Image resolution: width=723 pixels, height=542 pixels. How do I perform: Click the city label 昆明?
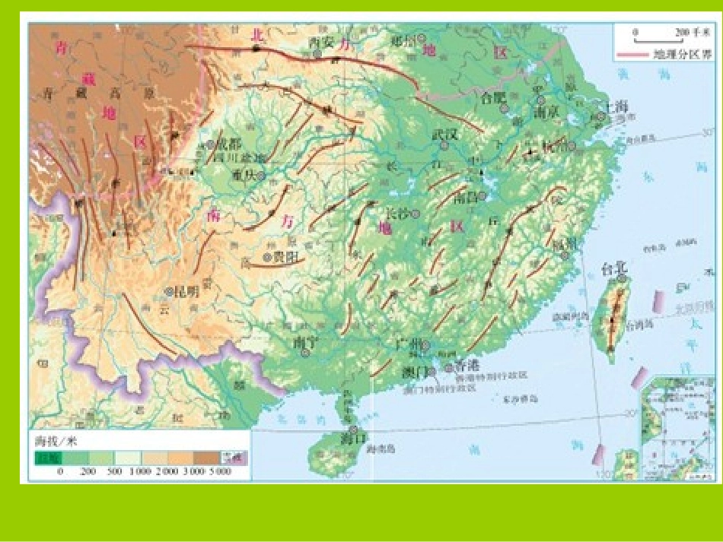pyautogui.click(x=186, y=290)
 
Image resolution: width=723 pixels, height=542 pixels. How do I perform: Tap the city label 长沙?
pyautogui.click(x=399, y=214)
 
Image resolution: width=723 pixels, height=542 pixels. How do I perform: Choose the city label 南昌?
pyautogui.click(x=463, y=198)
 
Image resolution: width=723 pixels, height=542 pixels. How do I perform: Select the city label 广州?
pyautogui.click(x=408, y=344)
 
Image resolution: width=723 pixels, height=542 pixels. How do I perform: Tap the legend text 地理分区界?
pyautogui.click(x=683, y=55)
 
